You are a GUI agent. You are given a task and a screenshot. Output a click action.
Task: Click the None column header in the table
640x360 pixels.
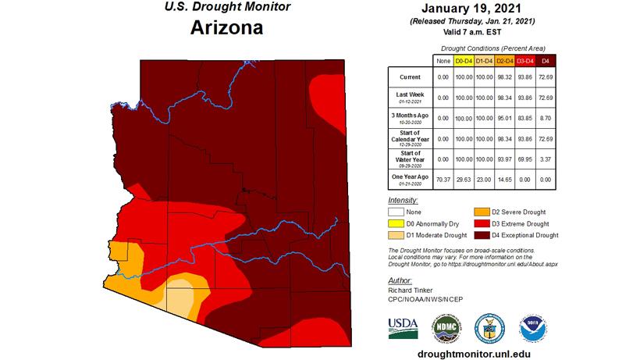coord(442,60)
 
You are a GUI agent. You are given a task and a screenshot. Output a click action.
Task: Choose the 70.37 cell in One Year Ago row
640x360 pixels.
coord(442,179)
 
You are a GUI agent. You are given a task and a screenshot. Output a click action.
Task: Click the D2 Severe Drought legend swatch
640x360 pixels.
coord(482,212)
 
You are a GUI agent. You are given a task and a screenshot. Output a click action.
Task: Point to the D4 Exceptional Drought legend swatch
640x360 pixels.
coord(482,235)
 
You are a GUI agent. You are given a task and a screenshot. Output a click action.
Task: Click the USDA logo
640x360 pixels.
coord(403,326)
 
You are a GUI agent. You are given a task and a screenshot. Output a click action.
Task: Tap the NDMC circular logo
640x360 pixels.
coord(447,326)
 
